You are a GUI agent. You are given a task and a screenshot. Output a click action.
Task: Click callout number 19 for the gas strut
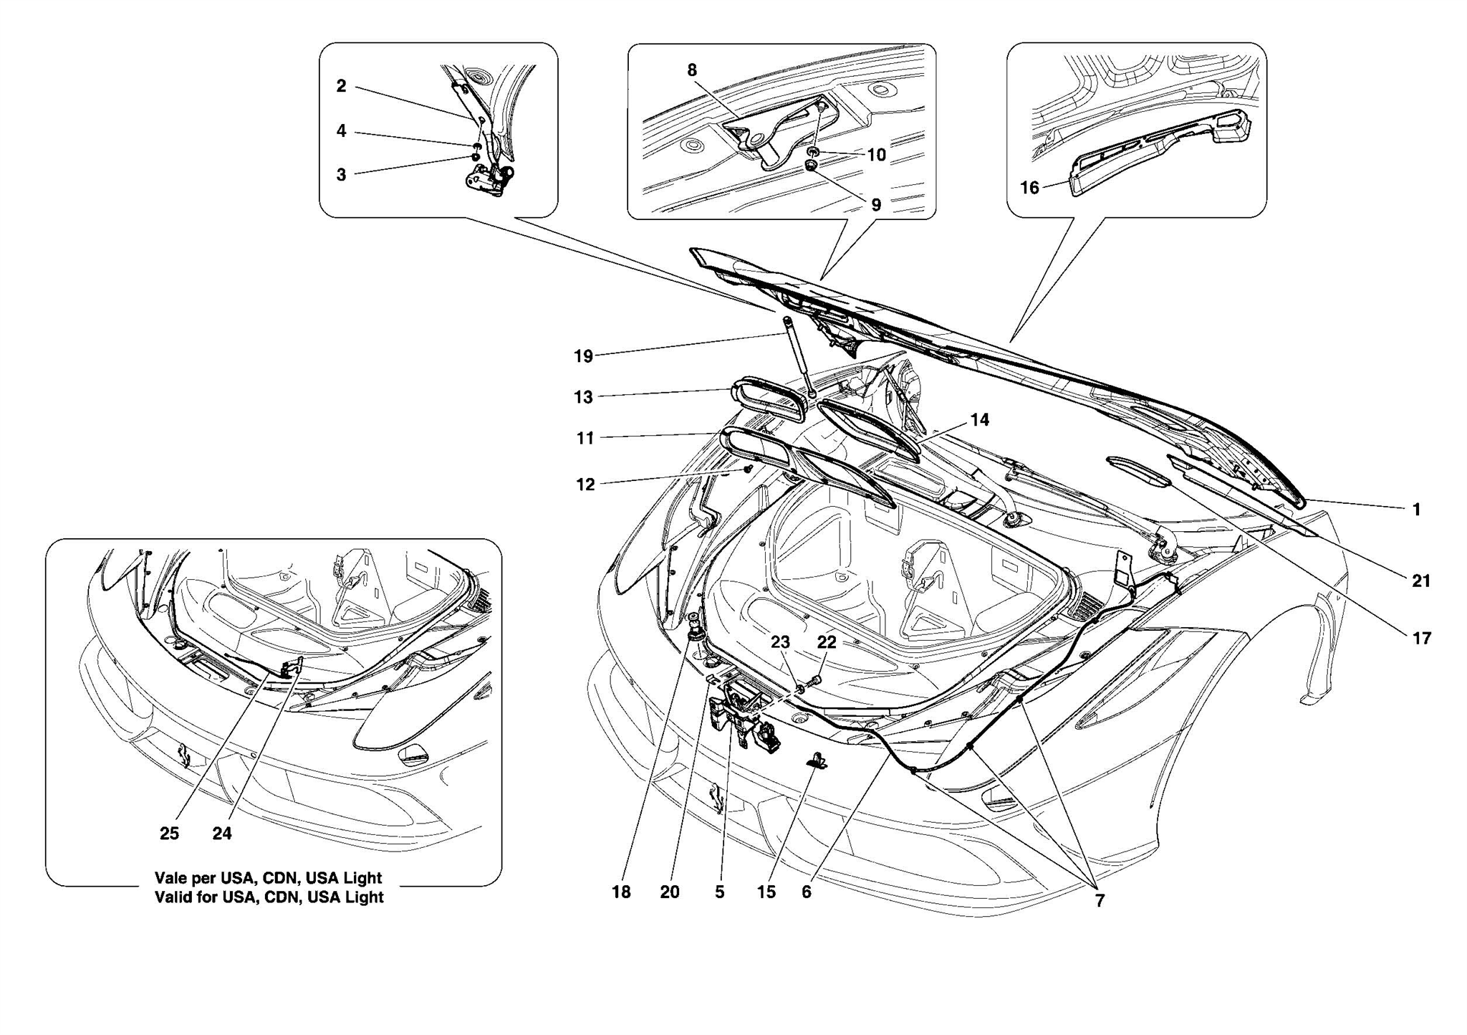pyautogui.click(x=583, y=356)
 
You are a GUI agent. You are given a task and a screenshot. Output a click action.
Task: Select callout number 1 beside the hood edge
pyautogui.click(x=1415, y=510)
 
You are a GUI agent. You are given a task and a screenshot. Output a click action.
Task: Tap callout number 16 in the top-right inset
pyautogui.click(x=1029, y=188)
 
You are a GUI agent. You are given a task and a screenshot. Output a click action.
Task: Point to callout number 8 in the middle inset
pyautogui.click(x=691, y=70)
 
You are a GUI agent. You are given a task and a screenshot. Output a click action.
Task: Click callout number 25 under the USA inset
pyautogui.click(x=169, y=834)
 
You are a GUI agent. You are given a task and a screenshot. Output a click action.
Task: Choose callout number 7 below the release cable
pyautogui.click(x=1100, y=901)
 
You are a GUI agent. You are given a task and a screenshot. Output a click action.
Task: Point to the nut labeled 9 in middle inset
pyautogui.click(x=812, y=166)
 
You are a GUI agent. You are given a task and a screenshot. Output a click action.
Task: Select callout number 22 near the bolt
pyautogui.click(x=826, y=642)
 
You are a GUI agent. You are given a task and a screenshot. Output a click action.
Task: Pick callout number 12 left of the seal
pyautogui.click(x=585, y=485)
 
